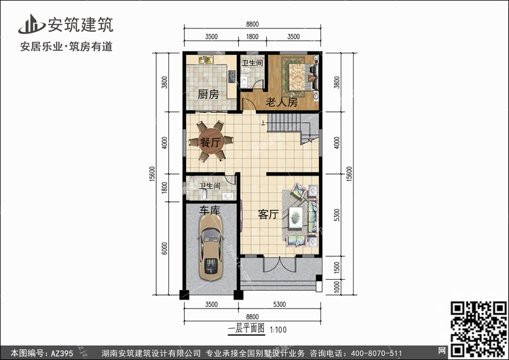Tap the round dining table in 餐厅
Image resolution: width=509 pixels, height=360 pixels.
pyautogui.click(x=211, y=142)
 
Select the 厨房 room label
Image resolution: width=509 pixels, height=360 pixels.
pyautogui.click(x=208, y=94)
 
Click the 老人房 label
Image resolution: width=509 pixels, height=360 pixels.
pyautogui.click(x=282, y=103)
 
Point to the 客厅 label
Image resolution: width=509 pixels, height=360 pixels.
pyautogui.click(x=268, y=215)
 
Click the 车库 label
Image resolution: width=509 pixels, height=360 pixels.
pyautogui.click(x=210, y=210)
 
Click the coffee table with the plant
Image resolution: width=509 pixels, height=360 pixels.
pyautogui.click(x=295, y=217)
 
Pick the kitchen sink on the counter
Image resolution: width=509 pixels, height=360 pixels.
pyautogui.click(x=206, y=60)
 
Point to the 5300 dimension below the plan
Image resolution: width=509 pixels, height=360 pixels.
pyautogui.click(x=280, y=304)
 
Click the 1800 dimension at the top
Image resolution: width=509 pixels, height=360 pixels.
pyautogui.click(x=252, y=37)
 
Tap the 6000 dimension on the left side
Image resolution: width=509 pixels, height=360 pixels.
pyautogui.click(x=165, y=249)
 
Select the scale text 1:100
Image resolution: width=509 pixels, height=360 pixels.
pyautogui.click(x=278, y=330)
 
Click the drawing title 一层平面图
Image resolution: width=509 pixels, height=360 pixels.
pyautogui.click(x=246, y=329)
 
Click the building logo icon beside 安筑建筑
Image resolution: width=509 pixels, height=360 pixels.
pyautogui.click(x=31, y=24)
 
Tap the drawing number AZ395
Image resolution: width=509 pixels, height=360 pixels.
pyautogui.click(x=62, y=353)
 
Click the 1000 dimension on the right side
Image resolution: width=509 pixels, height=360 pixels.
pyautogui.click(x=337, y=287)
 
